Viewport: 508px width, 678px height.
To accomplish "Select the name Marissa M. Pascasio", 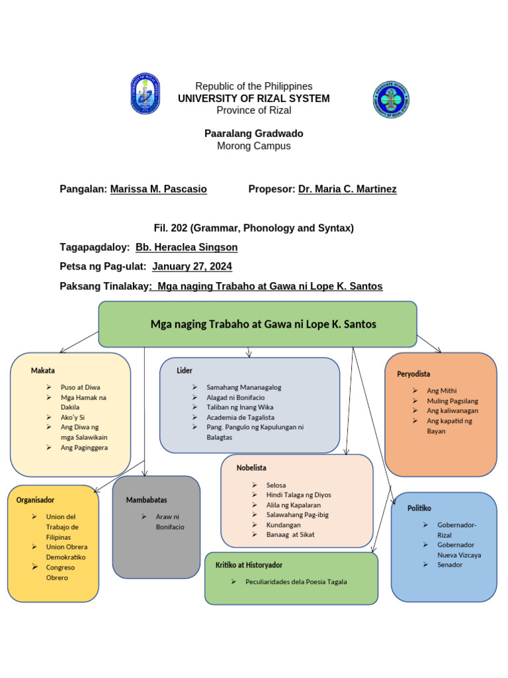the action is (158, 189).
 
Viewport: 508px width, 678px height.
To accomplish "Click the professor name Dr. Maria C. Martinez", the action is (347, 189).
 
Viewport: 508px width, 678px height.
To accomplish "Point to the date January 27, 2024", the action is (192, 267).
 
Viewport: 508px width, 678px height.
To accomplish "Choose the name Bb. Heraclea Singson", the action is (187, 248).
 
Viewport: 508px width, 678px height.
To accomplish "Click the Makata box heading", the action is (43, 370).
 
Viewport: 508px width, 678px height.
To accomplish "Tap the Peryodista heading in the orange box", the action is (413, 374).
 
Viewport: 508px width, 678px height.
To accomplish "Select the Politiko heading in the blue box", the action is (419, 508).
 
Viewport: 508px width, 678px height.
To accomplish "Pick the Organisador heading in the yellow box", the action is (36, 500).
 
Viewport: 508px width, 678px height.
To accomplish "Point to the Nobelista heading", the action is (251, 468).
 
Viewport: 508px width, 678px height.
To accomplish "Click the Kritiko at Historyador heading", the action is (249, 565).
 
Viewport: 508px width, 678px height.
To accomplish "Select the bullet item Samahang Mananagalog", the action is (243, 387).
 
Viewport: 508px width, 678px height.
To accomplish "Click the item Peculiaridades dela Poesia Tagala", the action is (296, 582).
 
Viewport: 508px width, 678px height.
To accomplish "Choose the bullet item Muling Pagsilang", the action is (452, 401).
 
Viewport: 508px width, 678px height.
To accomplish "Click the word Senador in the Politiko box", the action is (450, 565).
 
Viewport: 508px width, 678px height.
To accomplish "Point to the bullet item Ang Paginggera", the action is (84, 448).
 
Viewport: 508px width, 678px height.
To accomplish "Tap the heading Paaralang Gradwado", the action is (254, 134).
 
